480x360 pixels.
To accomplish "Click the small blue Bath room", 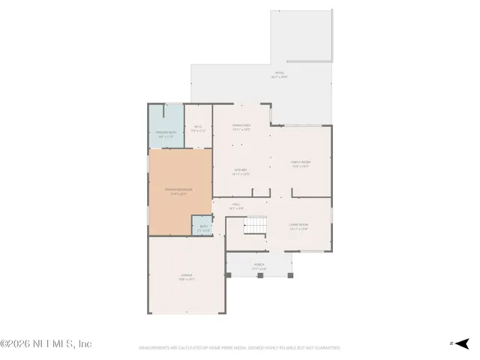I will pos(202,226).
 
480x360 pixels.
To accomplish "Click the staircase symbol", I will pos(257,224).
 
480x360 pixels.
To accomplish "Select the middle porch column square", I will pos(259,276).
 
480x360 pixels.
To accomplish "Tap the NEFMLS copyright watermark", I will pos(46,343).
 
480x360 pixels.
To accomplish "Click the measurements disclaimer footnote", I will pos(240,348).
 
